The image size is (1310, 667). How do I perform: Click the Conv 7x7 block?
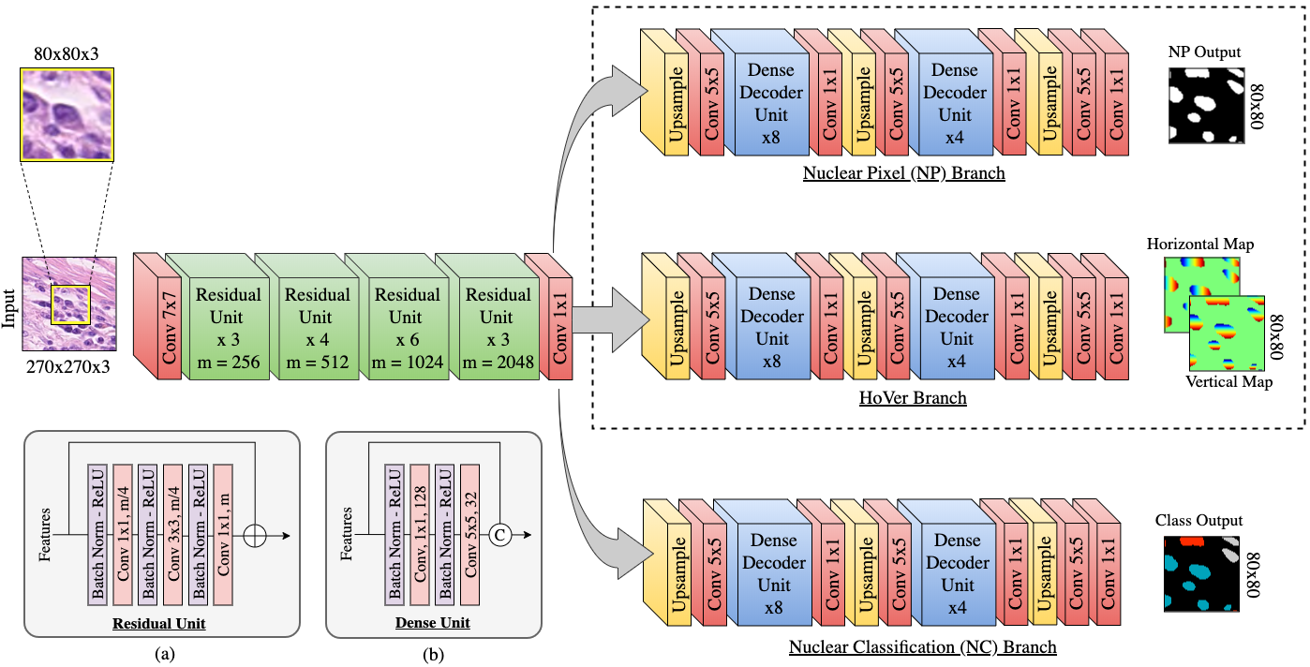[x=170, y=328]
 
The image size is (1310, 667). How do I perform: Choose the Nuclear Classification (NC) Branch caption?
[x=923, y=647]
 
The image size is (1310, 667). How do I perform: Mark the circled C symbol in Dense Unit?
[x=500, y=534]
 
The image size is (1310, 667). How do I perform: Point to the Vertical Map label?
[x=1228, y=382]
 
